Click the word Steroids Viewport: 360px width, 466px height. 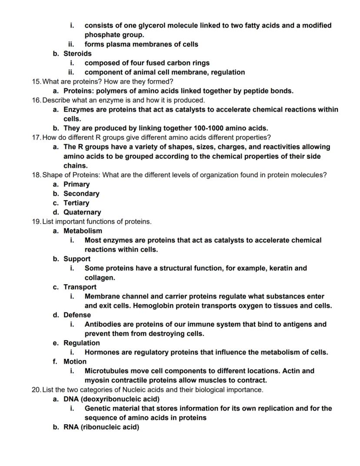click(77, 54)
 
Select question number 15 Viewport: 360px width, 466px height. click(37, 81)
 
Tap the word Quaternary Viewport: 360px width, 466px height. click(82, 212)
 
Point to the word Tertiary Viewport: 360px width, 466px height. click(76, 203)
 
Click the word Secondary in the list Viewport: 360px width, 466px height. click(81, 194)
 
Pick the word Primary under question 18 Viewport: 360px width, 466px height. click(77, 184)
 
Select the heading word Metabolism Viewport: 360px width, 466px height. click(83, 231)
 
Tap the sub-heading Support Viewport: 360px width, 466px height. click(77, 259)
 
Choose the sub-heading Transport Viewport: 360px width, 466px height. click(80, 287)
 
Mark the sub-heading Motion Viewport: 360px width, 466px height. click(75, 362)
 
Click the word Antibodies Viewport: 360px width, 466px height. click(103, 324)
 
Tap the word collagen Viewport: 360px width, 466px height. click(100, 278)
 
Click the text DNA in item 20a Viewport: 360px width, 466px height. click(71, 399)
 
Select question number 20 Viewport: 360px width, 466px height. click(37, 389)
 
